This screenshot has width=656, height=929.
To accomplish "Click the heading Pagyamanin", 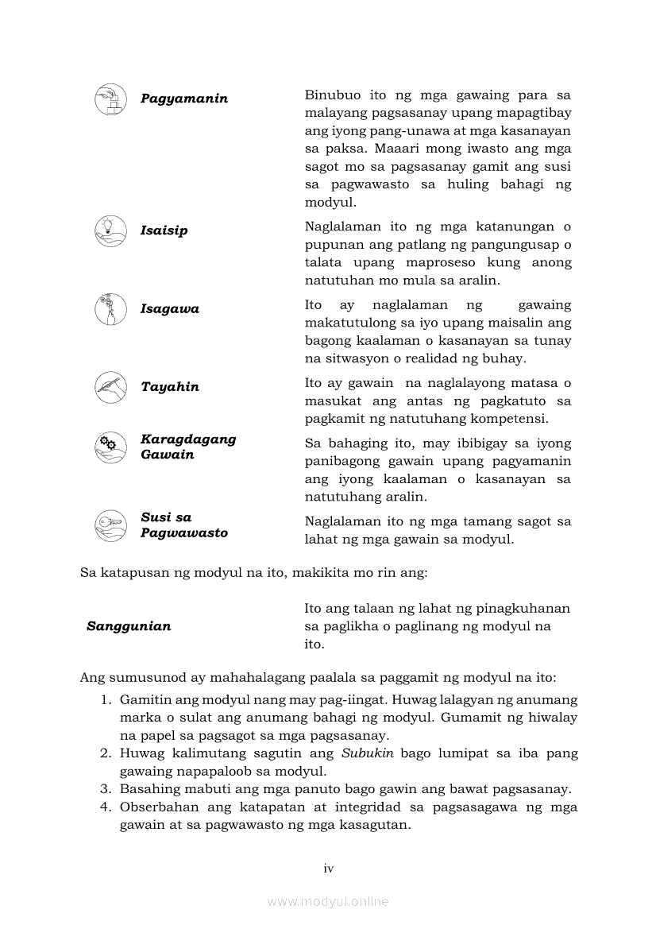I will point(184,99).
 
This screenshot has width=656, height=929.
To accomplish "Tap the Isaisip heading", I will point(164,230).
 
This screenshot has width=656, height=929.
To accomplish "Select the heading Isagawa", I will point(170,308).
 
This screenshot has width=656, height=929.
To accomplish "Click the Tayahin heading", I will point(170,387).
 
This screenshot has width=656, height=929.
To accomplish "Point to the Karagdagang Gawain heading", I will point(188,447).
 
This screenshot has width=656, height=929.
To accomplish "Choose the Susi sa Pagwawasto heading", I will point(184,525).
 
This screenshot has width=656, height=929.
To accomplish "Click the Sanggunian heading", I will point(129,626).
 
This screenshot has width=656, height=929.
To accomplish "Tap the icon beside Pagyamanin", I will point(110,99).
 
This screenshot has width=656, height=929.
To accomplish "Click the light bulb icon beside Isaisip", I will point(110,230).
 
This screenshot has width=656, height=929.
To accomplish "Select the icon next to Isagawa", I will point(110,308).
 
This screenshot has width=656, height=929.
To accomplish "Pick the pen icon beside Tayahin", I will point(110,387).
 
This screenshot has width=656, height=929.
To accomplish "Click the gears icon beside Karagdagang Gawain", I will point(110,447).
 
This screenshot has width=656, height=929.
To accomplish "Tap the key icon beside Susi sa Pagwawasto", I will point(110,525).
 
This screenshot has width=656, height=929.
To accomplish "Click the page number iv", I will point(328,869).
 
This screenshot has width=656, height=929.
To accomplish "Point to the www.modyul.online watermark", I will point(328,901).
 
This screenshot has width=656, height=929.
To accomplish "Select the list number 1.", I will point(104,699).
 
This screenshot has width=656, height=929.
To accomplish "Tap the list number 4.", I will point(104,807).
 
